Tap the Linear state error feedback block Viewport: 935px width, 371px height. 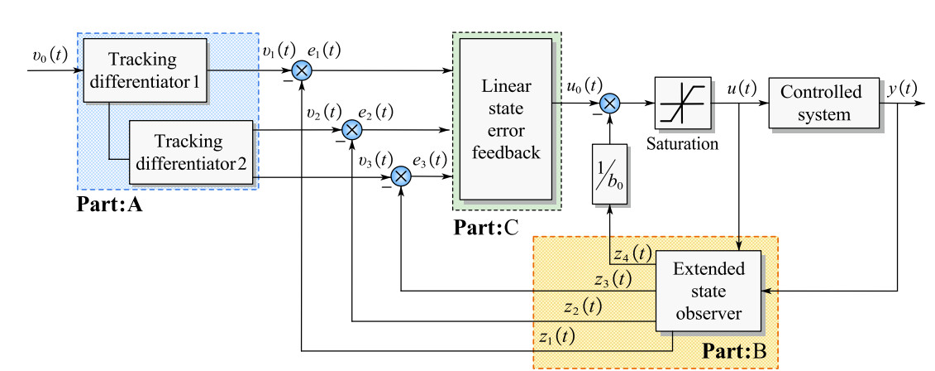[505, 119]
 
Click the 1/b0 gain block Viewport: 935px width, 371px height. [608, 175]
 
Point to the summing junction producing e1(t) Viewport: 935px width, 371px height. [302, 70]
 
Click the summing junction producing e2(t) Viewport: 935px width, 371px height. [352, 129]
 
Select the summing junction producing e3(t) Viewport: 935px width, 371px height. [402, 176]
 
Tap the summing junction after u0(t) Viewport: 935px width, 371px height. [608, 103]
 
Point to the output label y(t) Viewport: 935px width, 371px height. [902, 88]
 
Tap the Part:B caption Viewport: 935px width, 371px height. [734, 354]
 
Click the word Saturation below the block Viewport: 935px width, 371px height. [683, 143]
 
